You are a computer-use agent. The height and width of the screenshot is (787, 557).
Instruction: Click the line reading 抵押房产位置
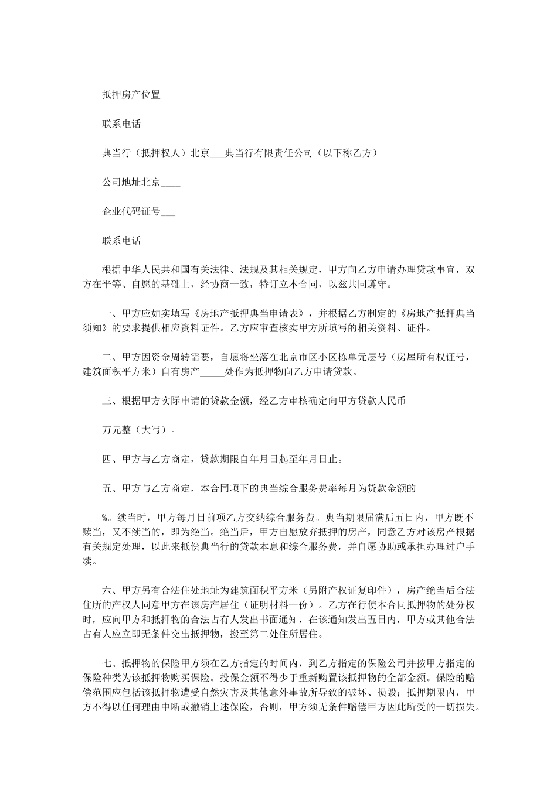(131, 95)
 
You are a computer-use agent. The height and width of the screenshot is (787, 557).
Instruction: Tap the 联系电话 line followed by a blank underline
(131, 241)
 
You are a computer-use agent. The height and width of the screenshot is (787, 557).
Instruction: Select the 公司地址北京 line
(141, 183)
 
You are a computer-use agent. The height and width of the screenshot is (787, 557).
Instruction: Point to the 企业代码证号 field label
(131, 212)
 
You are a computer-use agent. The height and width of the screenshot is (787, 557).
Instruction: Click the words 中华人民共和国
(155, 271)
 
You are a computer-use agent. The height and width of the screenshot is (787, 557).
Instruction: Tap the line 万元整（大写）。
(139, 430)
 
